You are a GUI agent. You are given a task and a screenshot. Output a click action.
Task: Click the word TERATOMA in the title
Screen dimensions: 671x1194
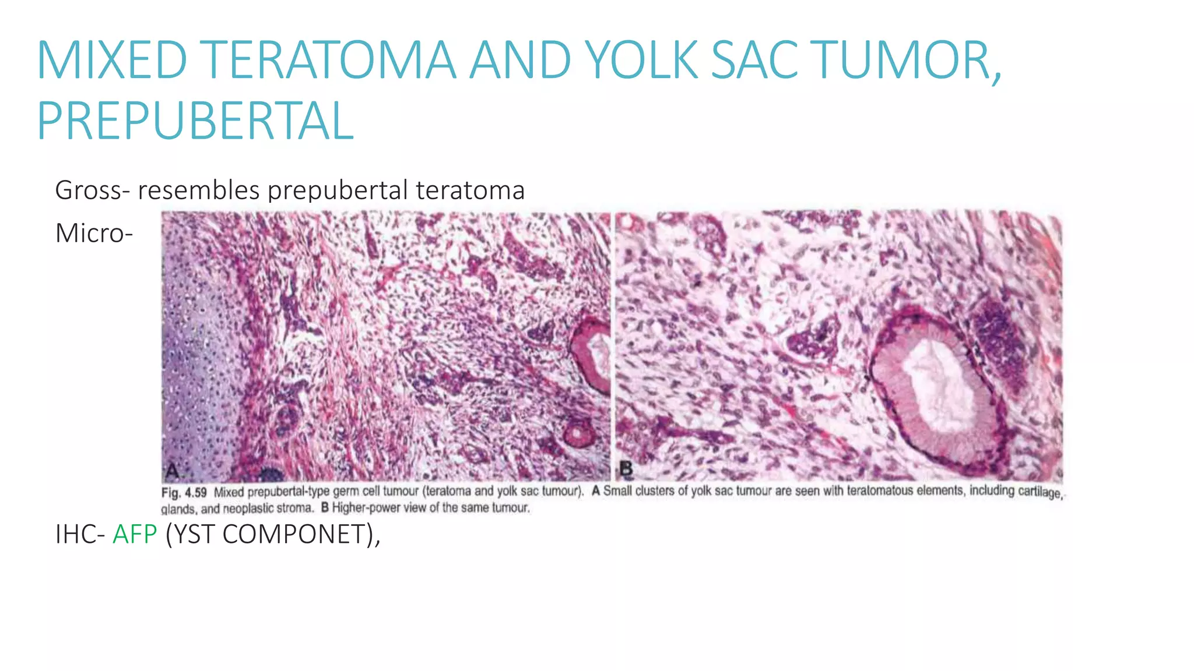click(x=330, y=60)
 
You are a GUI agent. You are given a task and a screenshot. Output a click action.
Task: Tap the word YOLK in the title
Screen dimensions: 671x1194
click(x=641, y=60)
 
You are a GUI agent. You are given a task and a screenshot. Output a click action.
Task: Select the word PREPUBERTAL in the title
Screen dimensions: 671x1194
click(x=195, y=121)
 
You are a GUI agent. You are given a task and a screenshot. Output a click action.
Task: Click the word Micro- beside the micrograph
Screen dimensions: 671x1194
click(x=94, y=234)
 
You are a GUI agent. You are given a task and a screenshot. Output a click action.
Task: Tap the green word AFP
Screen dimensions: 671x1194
click(x=135, y=534)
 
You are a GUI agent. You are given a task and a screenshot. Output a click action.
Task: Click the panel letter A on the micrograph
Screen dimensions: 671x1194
click(x=173, y=469)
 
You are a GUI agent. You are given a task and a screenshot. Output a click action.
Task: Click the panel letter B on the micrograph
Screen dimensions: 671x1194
click(x=626, y=468)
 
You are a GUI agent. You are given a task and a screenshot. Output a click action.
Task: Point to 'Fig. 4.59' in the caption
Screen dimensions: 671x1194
click(x=184, y=493)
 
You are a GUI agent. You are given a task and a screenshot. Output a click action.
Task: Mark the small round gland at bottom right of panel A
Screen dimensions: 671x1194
click(x=576, y=434)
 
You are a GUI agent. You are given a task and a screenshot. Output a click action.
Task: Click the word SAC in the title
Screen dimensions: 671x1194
click(x=755, y=60)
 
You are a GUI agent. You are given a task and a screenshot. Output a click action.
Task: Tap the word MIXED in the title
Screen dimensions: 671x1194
click(x=112, y=60)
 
